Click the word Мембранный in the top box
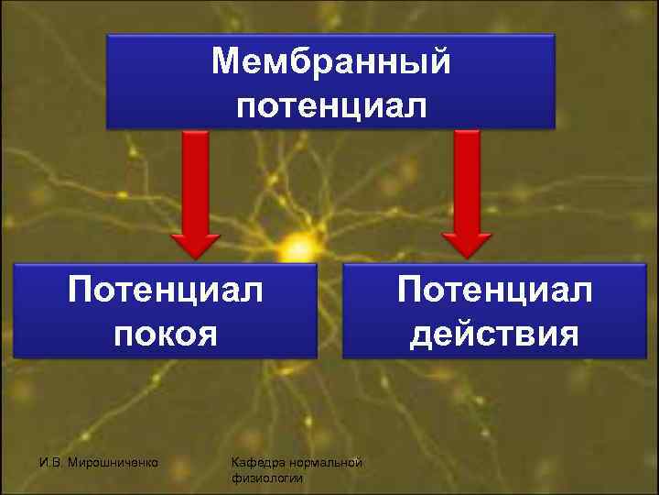click(330, 62)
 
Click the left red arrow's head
click(194, 243)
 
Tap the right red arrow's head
click(468, 243)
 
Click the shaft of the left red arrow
click(194, 179)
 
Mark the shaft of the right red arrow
click(468, 179)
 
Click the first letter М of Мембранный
click(222, 62)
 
